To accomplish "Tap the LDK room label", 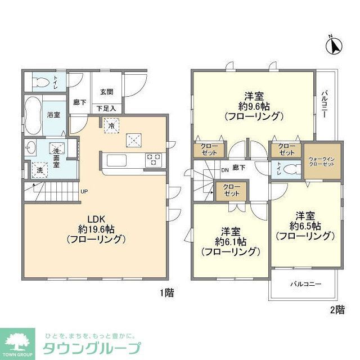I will click(x=96, y=219).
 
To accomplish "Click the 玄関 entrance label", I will click(x=107, y=92).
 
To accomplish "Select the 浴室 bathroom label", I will click(x=53, y=115).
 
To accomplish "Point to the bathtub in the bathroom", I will click(x=34, y=115).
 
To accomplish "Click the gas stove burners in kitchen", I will click(x=154, y=160).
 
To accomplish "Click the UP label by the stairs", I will click(x=84, y=192).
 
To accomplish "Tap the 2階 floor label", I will click(x=336, y=309).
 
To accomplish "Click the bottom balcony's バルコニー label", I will click(x=306, y=284).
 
